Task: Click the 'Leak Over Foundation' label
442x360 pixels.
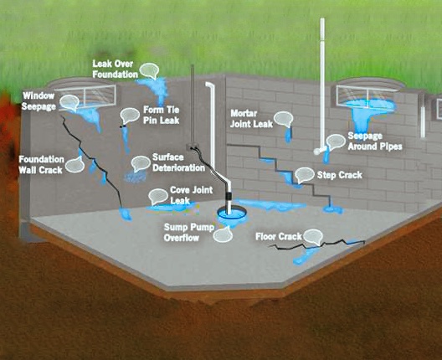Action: (x=116, y=69)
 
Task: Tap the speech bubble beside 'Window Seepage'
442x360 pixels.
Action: (x=69, y=102)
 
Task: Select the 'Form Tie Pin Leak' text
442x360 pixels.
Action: (x=162, y=115)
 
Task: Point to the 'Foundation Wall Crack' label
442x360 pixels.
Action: (x=41, y=165)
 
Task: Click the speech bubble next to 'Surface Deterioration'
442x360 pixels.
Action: (x=141, y=163)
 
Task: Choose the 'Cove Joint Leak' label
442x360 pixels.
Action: (x=192, y=195)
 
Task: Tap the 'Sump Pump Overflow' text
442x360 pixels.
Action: (x=189, y=232)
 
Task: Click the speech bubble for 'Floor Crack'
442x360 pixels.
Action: (x=313, y=237)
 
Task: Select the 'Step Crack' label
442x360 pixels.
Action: (x=340, y=175)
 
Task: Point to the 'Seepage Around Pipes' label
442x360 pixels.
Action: (x=375, y=141)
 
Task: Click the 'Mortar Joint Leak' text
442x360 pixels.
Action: (x=251, y=119)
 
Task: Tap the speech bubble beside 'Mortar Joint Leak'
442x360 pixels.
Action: (x=284, y=119)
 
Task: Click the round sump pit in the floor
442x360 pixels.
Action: (x=231, y=213)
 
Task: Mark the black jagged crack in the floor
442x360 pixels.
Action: (x=316, y=244)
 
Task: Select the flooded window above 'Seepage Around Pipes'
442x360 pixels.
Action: (x=367, y=96)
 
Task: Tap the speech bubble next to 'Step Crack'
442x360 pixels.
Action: (x=305, y=175)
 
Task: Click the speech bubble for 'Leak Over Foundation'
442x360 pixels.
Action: (x=149, y=71)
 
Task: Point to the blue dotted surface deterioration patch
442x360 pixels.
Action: (x=136, y=177)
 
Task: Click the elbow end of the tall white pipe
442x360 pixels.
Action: (x=317, y=152)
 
